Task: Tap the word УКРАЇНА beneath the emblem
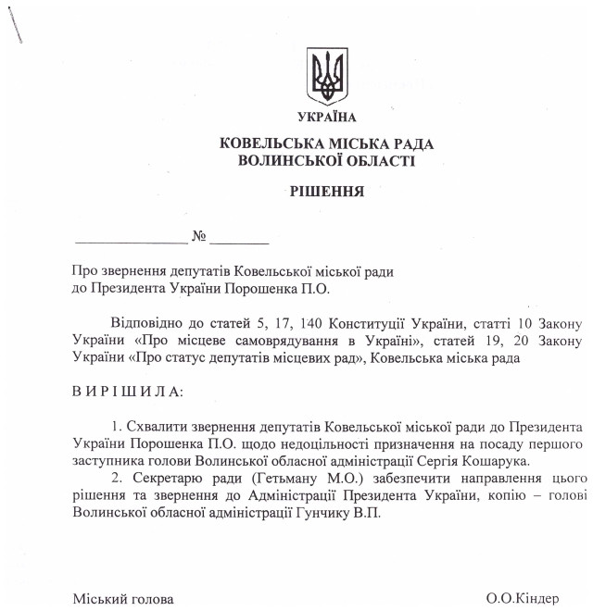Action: click(x=326, y=117)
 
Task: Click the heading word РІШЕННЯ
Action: click(x=326, y=193)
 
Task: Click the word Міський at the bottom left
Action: click(x=97, y=599)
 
